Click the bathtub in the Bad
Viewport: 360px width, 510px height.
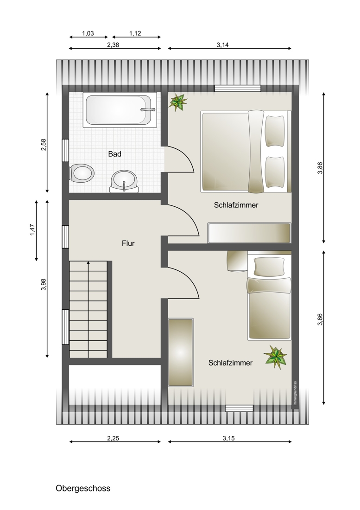(x=120, y=109)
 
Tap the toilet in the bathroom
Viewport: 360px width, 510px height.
(x=82, y=173)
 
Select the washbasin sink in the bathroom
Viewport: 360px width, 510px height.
(x=125, y=181)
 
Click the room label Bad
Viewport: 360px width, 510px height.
(x=115, y=154)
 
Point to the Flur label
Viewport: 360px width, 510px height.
(x=128, y=243)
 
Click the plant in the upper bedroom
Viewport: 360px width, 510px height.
(x=178, y=102)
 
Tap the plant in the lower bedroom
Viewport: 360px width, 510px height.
(x=276, y=357)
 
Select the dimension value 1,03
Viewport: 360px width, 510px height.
(x=88, y=33)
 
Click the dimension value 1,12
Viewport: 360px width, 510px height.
(x=135, y=33)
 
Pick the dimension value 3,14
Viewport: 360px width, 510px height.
(x=222, y=45)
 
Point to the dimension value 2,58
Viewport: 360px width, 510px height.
(x=44, y=145)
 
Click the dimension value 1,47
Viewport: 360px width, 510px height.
(x=32, y=230)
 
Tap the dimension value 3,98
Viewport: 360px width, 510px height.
(x=44, y=285)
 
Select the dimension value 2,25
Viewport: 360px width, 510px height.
(x=113, y=438)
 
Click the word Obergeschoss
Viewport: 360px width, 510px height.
(x=83, y=488)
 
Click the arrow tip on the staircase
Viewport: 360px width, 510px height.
(x=88, y=261)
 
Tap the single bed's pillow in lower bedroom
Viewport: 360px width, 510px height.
(x=269, y=267)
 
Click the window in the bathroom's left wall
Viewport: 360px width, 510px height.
(x=65, y=150)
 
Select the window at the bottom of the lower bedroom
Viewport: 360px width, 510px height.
(x=240, y=408)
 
